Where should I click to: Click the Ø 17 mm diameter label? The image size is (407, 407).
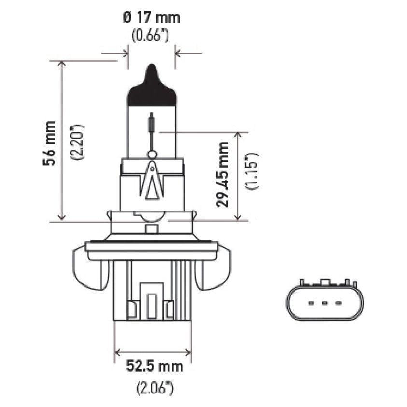pos(151,18)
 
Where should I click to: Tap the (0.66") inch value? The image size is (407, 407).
pos(151,36)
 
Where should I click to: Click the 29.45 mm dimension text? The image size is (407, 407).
pos(223,174)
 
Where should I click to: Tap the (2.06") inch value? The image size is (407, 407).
pos(152,387)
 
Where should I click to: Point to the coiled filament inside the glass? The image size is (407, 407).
pos(152,124)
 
